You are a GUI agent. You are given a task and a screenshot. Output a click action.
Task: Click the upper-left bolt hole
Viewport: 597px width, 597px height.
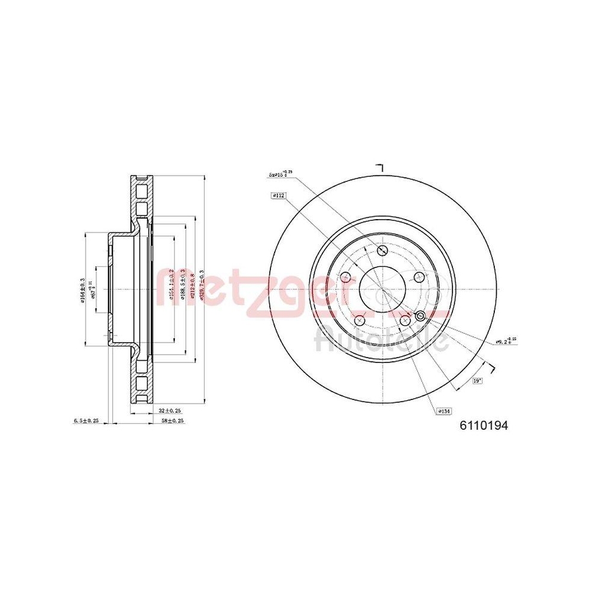click(345, 277)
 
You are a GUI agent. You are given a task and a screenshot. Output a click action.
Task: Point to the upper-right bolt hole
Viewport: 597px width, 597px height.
click(418, 276)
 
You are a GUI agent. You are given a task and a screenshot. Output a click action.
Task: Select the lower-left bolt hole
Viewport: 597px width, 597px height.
click(359, 321)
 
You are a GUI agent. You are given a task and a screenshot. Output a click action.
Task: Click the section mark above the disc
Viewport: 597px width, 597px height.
click(378, 167)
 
